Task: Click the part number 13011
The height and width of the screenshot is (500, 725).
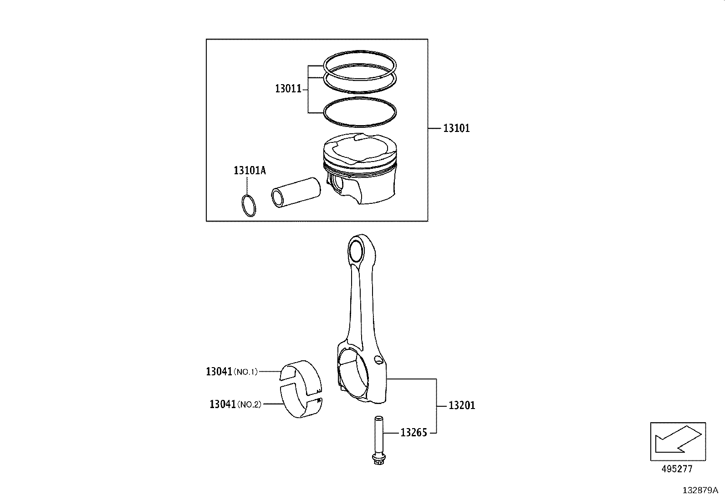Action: pyautogui.click(x=288, y=88)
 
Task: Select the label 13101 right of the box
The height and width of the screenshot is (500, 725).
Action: pyautogui.click(x=456, y=128)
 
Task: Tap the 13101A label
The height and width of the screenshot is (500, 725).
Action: pyautogui.click(x=250, y=171)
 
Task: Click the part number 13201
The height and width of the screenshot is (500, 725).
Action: pyautogui.click(x=462, y=405)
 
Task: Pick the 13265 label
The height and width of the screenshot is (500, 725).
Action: pyautogui.click(x=414, y=433)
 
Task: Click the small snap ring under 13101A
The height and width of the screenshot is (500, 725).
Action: pyautogui.click(x=249, y=205)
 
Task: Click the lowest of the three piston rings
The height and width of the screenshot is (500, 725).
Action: pyautogui.click(x=360, y=111)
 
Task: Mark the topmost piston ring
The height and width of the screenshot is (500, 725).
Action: pyautogui.click(x=360, y=55)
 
